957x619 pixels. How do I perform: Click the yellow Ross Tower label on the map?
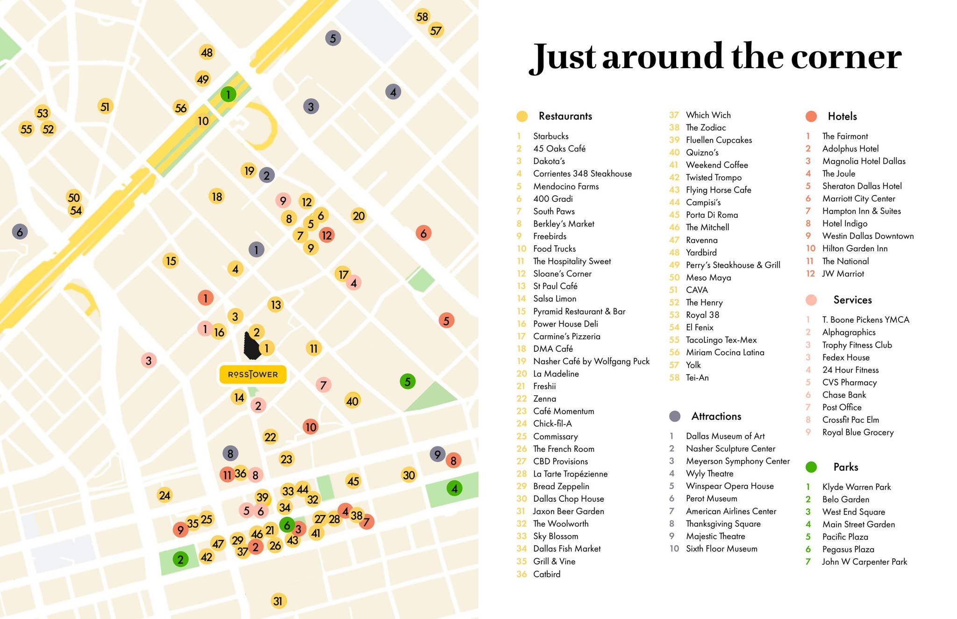253,375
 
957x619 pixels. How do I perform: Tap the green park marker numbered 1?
228,95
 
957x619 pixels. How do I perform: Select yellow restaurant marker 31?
278,601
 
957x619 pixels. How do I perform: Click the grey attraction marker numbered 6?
20,232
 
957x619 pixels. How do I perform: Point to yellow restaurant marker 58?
422,17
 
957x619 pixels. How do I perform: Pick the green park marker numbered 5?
407,382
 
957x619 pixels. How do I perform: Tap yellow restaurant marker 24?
164,495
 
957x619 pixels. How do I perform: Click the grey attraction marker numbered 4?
393,92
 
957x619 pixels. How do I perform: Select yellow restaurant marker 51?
105,107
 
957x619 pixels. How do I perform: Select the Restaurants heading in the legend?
565,116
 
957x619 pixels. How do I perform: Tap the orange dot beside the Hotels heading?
811,116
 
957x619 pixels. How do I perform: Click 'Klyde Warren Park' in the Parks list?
856,487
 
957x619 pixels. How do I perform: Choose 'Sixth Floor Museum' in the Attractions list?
721,549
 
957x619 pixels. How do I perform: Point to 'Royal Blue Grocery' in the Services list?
857,433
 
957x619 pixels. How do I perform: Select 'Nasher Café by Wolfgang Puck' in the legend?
591,362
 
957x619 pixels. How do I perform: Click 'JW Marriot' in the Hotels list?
843,274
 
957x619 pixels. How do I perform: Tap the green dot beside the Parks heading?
811,467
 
